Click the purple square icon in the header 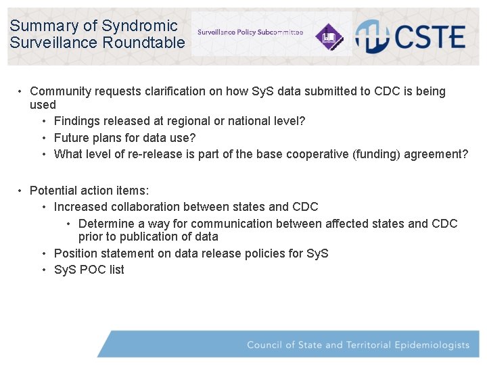point(331,35)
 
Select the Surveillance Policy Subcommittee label point(250,32)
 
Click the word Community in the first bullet point(62,91)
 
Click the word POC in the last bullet point(94,270)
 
